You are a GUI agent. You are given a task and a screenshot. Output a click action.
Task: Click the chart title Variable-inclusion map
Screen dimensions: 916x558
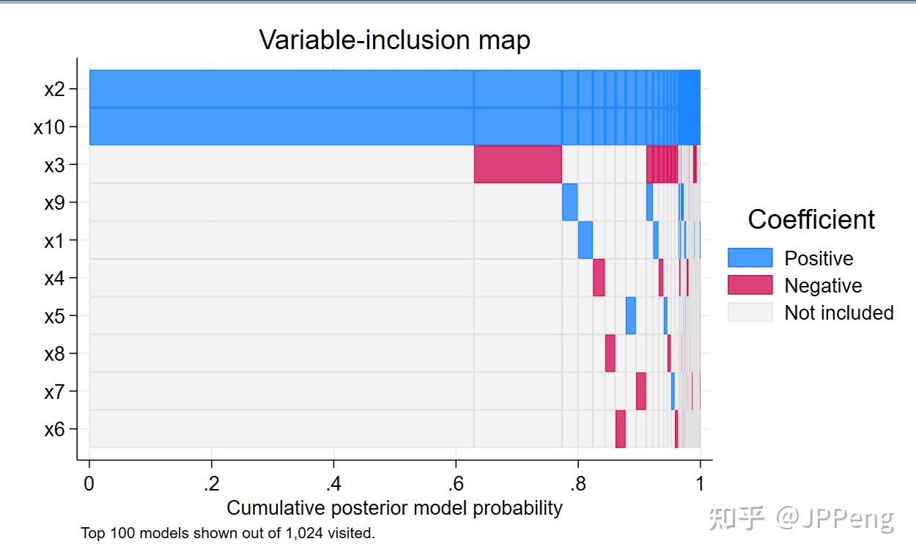coord(395,40)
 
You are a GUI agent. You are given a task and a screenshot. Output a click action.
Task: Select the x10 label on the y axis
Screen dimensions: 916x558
coord(49,128)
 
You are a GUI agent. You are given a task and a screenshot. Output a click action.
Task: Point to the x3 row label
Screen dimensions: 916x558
coord(54,165)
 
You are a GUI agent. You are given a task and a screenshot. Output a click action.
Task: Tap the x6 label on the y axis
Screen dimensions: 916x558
coord(54,430)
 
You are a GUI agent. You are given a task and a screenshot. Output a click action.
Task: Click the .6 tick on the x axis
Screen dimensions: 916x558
coord(456,484)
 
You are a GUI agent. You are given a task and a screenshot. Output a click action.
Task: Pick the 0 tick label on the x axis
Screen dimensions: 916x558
coord(89,484)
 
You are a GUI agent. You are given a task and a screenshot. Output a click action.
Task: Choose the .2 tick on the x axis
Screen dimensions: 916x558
coord(211,484)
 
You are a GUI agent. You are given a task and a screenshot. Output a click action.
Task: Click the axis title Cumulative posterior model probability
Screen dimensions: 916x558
coord(395,508)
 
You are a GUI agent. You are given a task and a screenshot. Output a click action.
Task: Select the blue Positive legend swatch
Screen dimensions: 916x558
coord(750,257)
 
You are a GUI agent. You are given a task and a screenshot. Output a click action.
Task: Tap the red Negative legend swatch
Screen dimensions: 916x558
coord(750,284)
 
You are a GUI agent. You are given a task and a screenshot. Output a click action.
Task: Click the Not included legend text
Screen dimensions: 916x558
coord(839,312)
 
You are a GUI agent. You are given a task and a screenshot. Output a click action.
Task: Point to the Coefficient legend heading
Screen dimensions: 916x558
coord(811,219)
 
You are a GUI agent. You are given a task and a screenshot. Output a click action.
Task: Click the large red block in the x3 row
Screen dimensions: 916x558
coord(517,164)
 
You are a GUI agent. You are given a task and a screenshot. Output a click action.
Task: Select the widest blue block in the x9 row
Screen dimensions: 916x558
coord(569,202)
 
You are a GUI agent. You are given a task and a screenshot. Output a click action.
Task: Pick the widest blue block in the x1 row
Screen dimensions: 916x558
coord(586,240)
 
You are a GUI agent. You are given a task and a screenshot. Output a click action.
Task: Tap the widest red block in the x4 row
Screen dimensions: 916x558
coord(599,277)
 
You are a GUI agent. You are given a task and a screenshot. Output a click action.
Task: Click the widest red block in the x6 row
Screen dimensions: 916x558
coord(621,429)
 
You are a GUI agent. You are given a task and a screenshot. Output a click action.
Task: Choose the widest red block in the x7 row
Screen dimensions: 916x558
coord(640,391)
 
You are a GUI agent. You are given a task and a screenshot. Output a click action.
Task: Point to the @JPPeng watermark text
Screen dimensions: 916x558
coord(835,518)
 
